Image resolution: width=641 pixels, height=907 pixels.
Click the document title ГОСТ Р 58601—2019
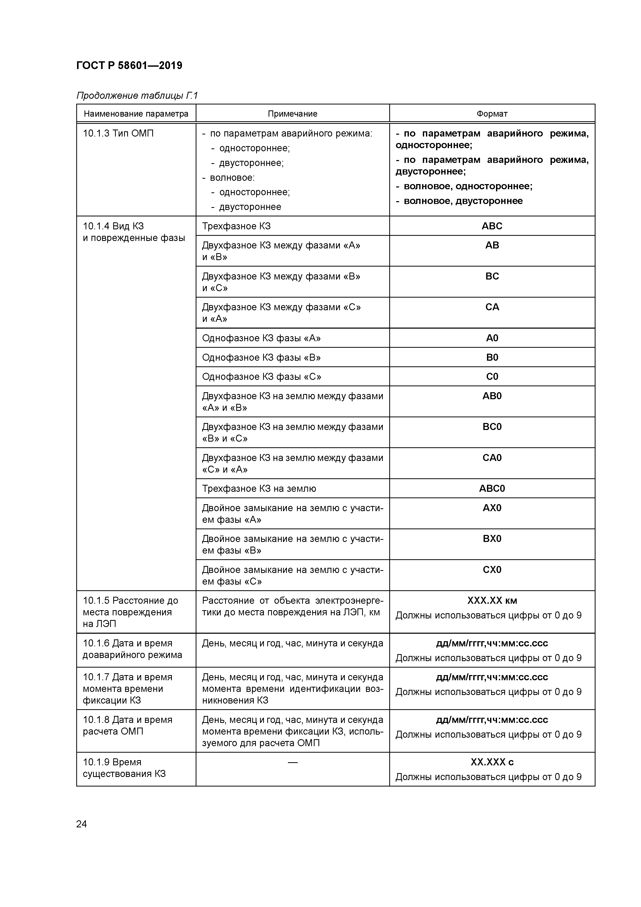click(129, 66)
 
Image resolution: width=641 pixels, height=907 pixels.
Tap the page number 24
click(81, 824)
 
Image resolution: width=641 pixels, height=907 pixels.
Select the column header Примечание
click(292, 114)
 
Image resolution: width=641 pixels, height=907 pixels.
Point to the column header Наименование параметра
click(136, 114)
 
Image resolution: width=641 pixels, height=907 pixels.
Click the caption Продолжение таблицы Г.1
click(137, 96)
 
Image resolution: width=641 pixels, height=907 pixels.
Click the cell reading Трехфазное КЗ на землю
click(259, 489)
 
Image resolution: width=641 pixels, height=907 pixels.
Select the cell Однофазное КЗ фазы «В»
click(261, 358)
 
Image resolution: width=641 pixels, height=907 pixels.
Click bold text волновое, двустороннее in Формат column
click(463, 201)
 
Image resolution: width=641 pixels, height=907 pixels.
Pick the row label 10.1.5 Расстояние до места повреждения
click(130, 612)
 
